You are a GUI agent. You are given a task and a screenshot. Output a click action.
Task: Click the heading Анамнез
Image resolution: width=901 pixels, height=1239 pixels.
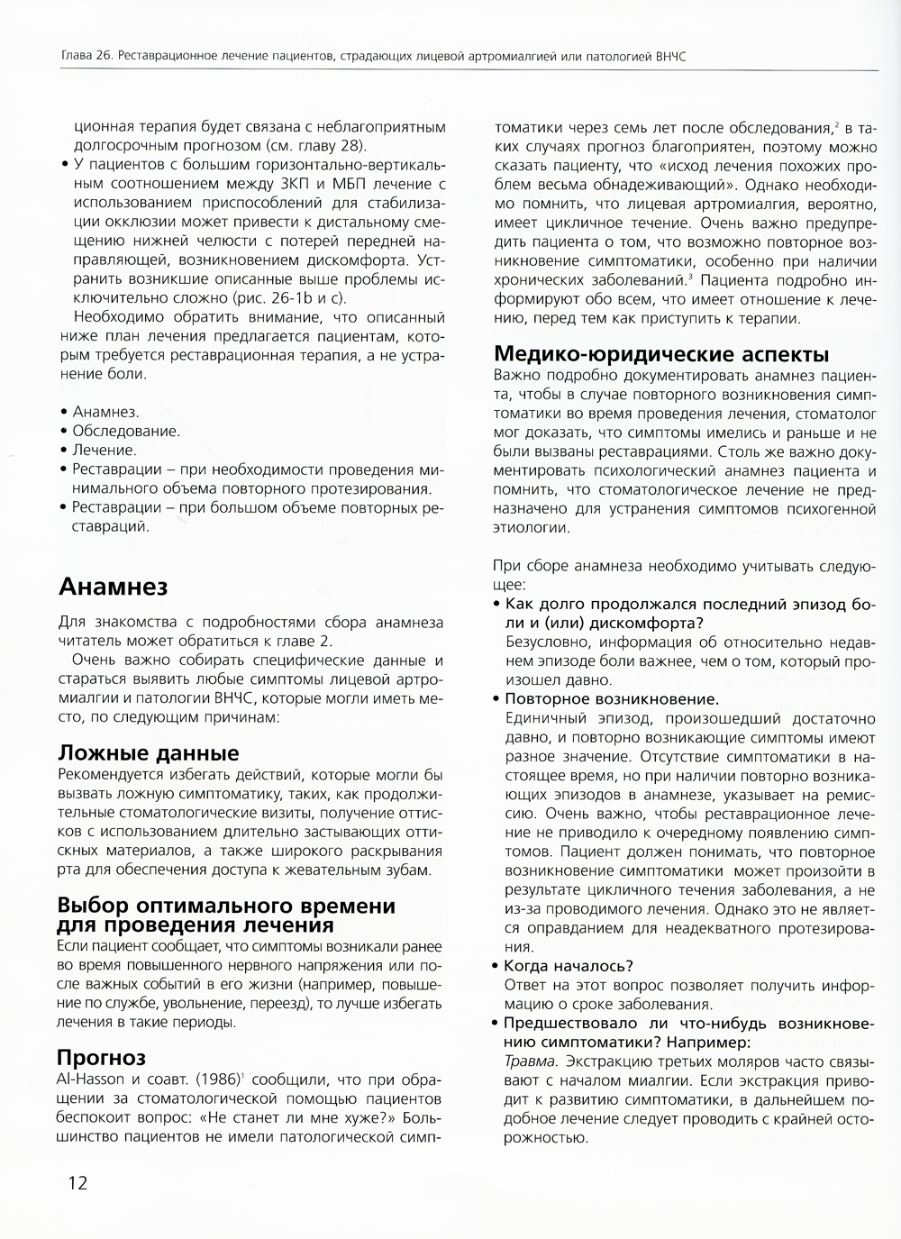coord(113,588)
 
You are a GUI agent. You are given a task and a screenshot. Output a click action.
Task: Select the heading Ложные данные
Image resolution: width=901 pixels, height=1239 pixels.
coord(148,753)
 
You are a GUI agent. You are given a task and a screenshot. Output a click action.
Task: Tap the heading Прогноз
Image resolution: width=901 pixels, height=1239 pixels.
coord(101,1057)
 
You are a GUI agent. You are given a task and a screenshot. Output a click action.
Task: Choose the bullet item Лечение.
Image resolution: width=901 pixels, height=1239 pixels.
coord(105,450)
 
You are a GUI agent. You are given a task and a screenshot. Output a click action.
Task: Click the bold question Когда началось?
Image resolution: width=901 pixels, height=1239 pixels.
coord(569,965)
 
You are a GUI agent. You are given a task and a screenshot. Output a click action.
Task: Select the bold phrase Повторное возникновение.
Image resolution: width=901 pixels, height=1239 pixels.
coord(611,698)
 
